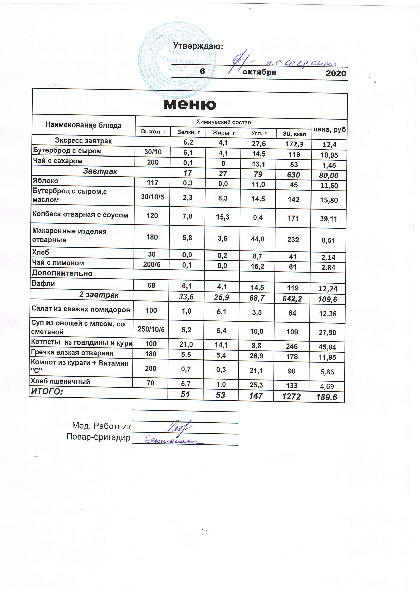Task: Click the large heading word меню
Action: coord(190,104)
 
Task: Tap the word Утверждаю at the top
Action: coord(198,46)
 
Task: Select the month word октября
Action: coord(259,72)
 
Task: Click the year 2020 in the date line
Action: coord(336,73)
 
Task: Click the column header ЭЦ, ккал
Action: coord(294,134)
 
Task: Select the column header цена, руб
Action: coord(330,129)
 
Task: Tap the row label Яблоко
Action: coord(45,181)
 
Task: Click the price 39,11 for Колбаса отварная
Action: coord(328,219)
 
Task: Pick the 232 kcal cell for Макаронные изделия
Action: coord(293,240)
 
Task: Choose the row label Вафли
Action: coord(43,283)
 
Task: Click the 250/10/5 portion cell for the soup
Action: coord(151,329)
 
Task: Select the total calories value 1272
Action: coord(291,397)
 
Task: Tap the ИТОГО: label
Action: coord(47,392)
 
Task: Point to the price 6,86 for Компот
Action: coord(327,372)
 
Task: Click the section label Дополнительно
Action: coord(62,273)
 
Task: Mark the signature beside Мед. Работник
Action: coord(179,426)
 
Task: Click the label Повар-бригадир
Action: coord(98,437)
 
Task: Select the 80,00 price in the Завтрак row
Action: coord(329,175)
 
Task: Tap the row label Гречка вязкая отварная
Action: coord(72,353)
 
